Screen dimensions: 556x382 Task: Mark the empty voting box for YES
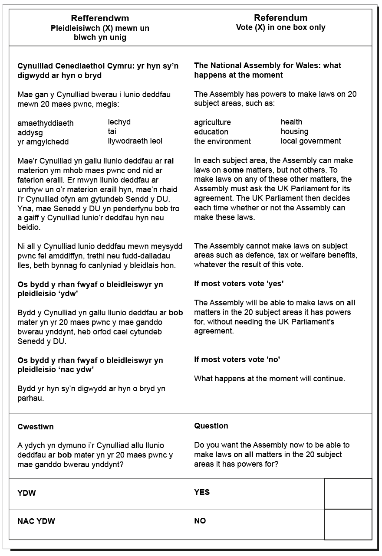pyautogui.click(x=348, y=494)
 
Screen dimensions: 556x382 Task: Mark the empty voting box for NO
pyautogui.click(x=348, y=524)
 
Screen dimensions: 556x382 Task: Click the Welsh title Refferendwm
pyautogui.click(x=100, y=18)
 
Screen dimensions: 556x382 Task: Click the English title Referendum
pyautogui.click(x=280, y=18)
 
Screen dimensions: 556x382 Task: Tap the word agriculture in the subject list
pyautogui.click(x=212, y=122)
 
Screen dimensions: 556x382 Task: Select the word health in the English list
pyautogui.click(x=291, y=122)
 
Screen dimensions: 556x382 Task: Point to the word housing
pyautogui.click(x=294, y=131)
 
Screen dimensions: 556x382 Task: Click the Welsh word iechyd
pyautogui.click(x=119, y=122)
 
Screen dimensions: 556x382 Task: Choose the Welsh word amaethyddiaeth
pyautogui.click(x=46, y=123)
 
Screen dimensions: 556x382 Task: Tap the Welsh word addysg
pyautogui.click(x=30, y=132)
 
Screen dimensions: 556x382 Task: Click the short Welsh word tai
pyautogui.click(x=112, y=131)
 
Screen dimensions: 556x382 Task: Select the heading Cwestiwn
pyautogui.click(x=36, y=427)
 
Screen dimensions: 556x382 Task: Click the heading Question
pyautogui.click(x=211, y=426)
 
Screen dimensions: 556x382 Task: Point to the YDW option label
pyautogui.click(x=26, y=493)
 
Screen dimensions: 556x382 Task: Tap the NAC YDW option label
pyautogui.click(x=36, y=521)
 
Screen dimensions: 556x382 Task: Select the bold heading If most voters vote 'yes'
pyautogui.click(x=238, y=284)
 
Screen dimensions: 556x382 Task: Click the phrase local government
pyautogui.click(x=311, y=141)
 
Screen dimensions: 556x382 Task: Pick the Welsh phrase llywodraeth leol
pyautogui.click(x=135, y=141)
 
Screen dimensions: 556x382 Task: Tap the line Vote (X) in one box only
pyautogui.click(x=280, y=27)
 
